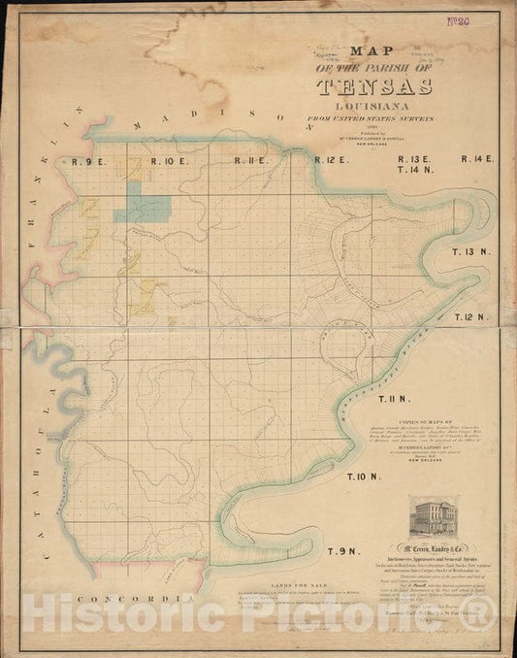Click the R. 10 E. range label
click(169, 161)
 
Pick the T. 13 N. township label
click(476, 252)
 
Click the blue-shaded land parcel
click(143, 208)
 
